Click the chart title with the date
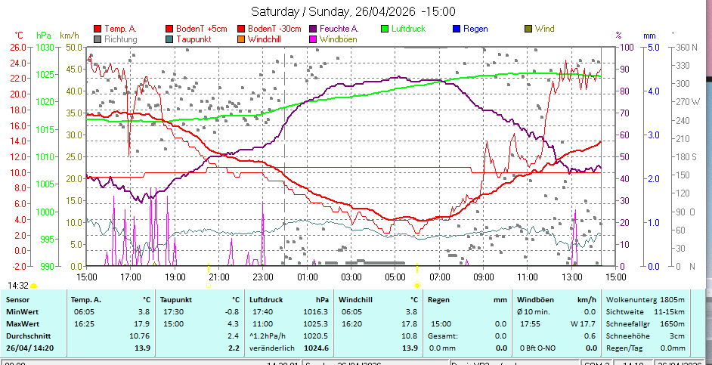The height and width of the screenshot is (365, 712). pyautogui.click(x=353, y=11)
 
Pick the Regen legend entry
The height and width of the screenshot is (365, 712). pyautogui.click(x=475, y=29)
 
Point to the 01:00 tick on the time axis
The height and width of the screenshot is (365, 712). pyautogui.click(x=307, y=277)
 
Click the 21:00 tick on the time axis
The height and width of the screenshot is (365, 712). pyautogui.click(x=218, y=277)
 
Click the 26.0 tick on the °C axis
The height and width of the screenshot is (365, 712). pyautogui.click(x=18, y=47)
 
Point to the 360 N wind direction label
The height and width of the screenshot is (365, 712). pyautogui.click(x=686, y=47)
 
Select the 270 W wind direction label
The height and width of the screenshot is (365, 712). pyautogui.click(x=686, y=101)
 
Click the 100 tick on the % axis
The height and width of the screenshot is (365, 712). pyautogui.click(x=627, y=47)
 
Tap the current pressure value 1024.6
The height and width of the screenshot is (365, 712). pyautogui.click(x=315, y=348)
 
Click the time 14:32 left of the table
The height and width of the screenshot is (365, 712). pyautogui.click(x=18, y=286)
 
